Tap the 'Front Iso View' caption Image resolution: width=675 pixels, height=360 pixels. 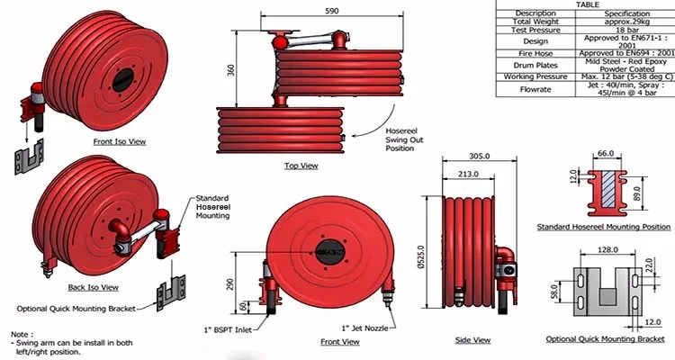tap(119, 142)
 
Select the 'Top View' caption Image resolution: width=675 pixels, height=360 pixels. tap(301, 166)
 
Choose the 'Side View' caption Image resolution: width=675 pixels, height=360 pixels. tap(473, 339)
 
